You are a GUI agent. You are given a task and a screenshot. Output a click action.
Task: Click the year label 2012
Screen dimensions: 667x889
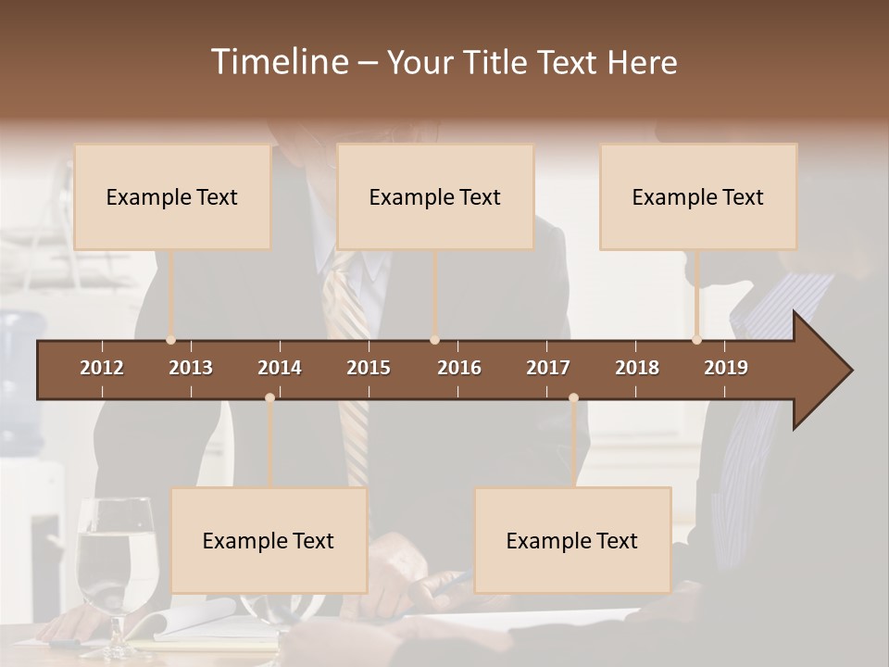102,368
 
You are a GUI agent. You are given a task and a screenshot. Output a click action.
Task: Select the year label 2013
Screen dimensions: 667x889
191,368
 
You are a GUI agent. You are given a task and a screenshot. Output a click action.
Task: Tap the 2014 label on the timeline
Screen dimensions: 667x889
280,368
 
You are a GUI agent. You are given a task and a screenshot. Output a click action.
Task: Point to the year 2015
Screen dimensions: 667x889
369,368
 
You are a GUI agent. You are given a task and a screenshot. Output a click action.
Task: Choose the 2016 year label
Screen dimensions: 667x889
459,368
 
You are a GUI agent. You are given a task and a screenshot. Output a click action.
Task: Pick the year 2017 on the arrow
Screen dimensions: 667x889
548,368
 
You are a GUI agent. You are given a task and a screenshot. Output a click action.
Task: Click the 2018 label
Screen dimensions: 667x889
637,368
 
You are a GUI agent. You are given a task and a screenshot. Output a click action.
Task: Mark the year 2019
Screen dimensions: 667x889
726,368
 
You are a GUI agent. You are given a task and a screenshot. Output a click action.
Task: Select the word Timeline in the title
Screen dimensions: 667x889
279,62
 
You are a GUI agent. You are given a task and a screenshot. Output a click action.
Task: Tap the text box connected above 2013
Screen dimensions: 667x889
172,196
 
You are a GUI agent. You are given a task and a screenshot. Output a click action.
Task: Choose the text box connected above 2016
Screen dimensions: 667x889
435,196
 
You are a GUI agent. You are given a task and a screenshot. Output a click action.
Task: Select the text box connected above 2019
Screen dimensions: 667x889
698,196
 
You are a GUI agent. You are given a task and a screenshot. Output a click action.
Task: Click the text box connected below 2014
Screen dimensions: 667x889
269,540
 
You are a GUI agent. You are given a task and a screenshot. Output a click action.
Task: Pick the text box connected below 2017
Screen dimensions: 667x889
572,540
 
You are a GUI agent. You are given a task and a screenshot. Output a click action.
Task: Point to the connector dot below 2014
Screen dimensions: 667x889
269,397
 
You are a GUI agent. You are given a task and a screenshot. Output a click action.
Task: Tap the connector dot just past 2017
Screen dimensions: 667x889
573,397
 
